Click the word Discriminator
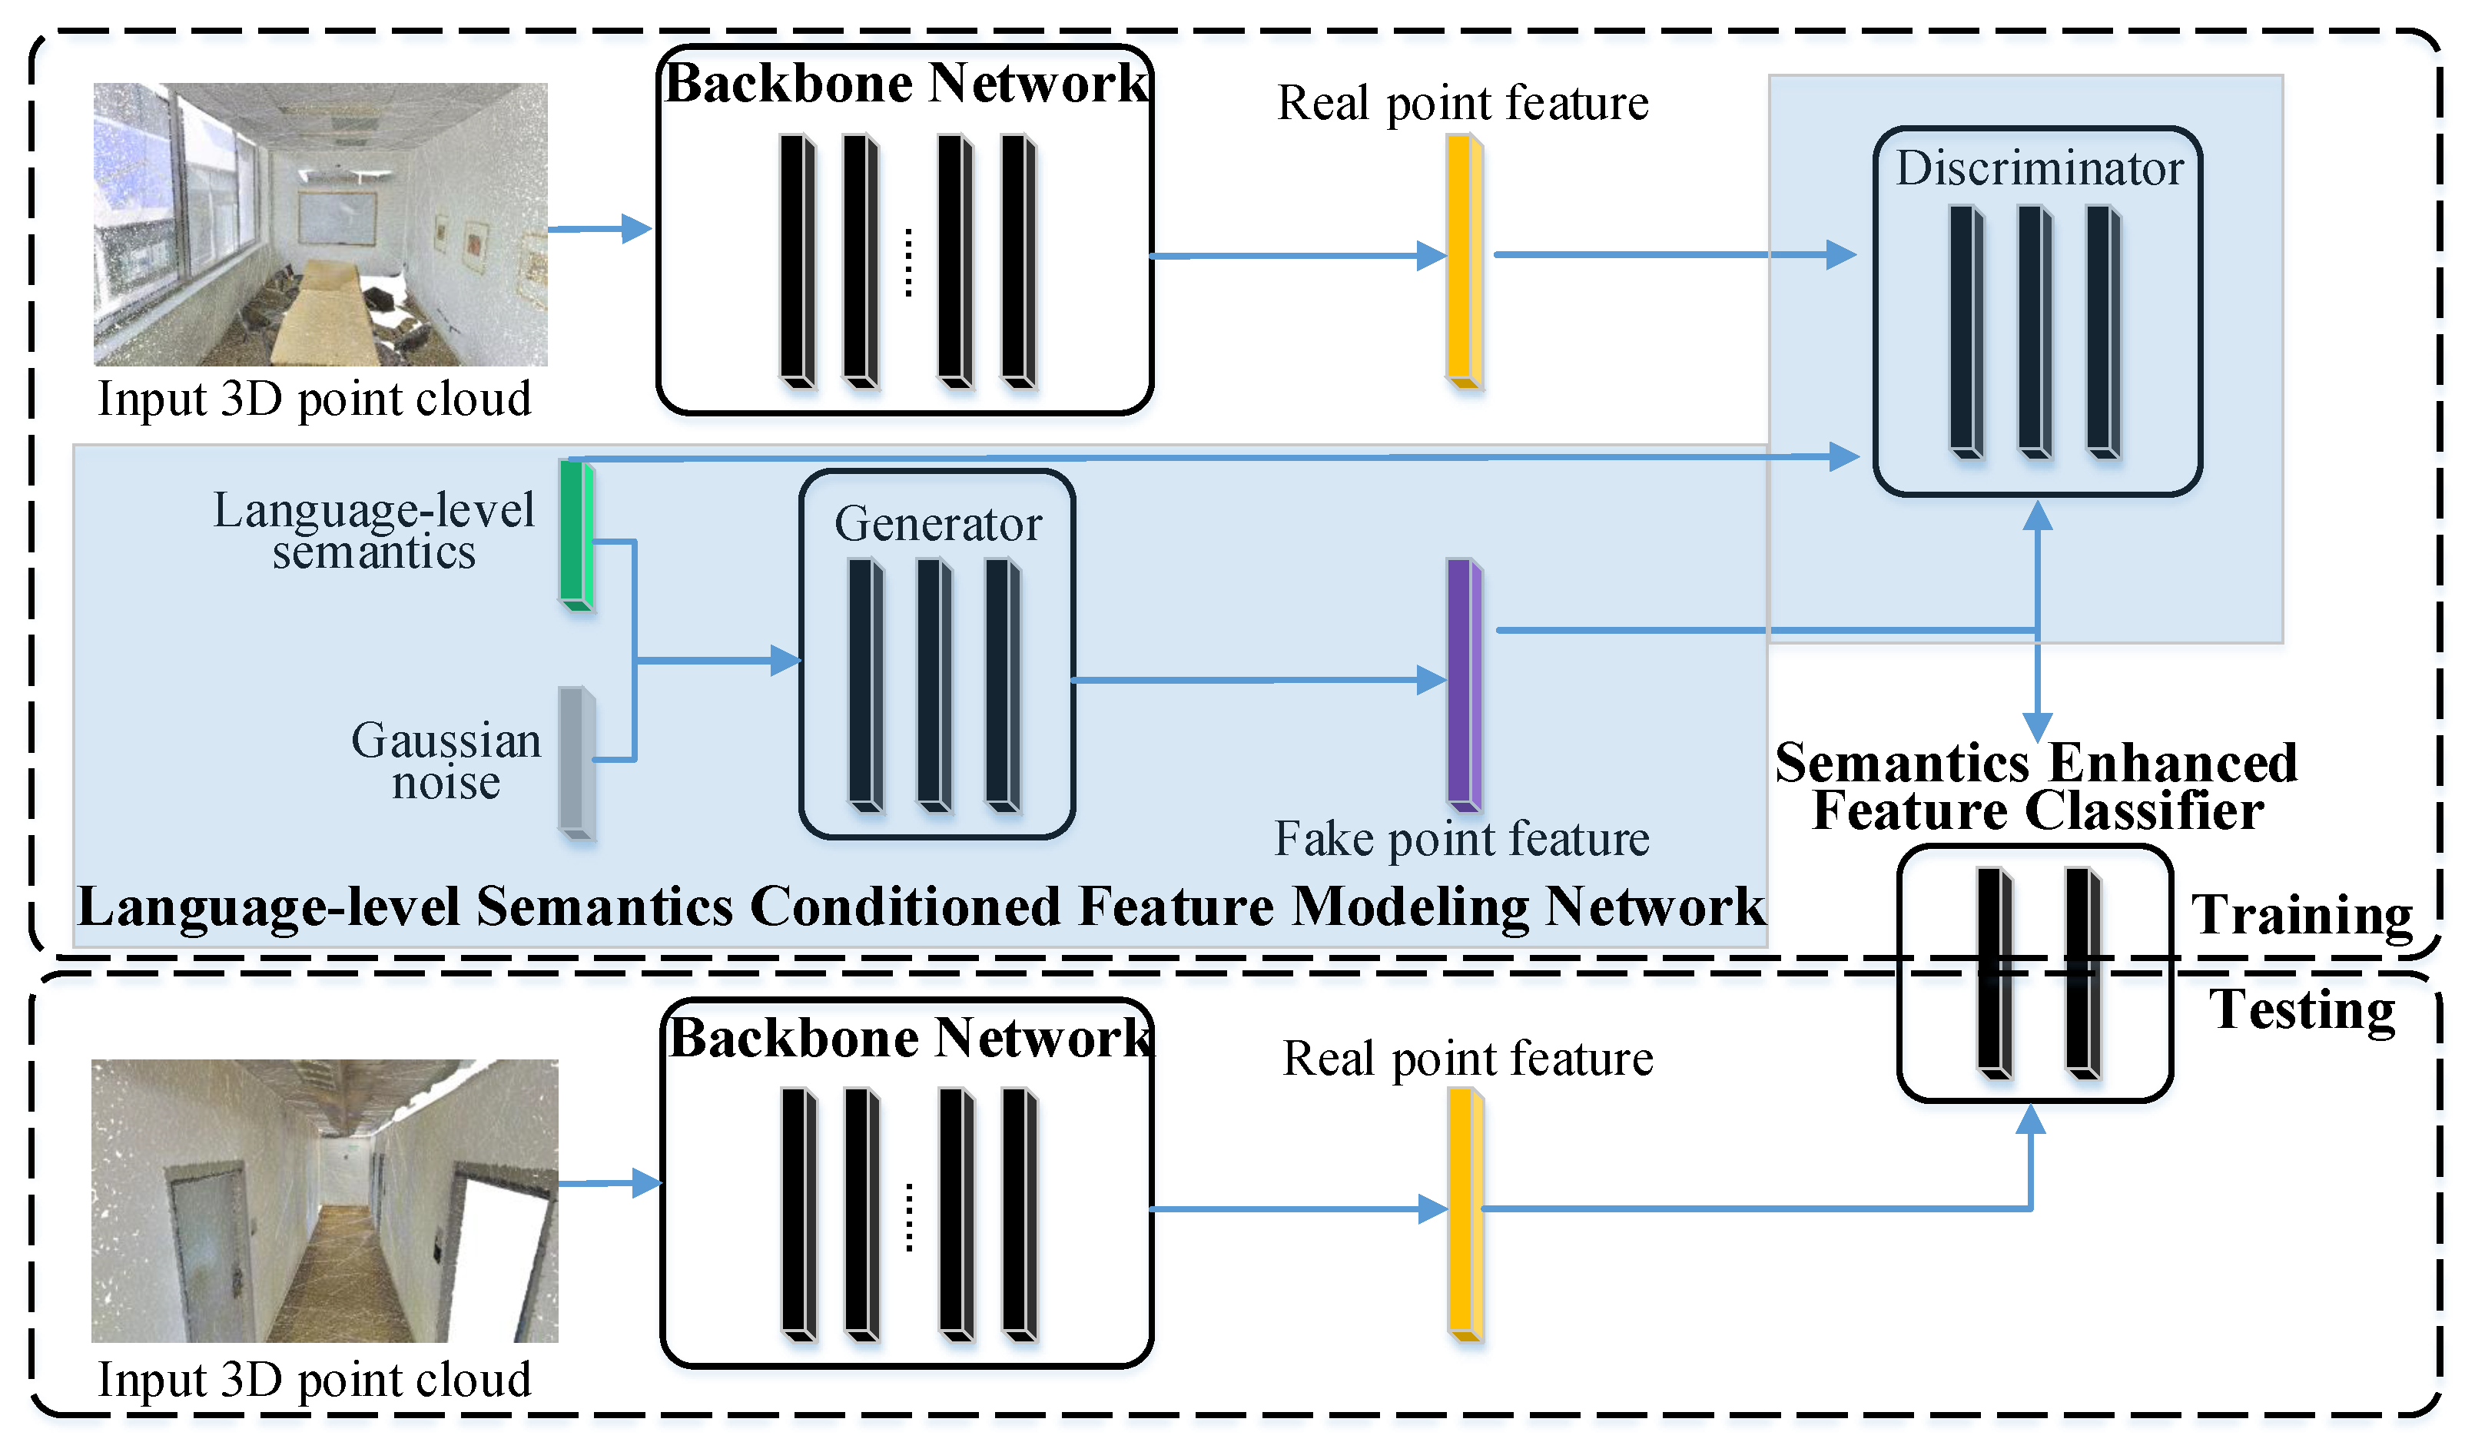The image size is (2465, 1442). click(x=2039, y=168)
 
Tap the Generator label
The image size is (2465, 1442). click(x=937, y=525)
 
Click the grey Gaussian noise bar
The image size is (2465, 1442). click(x=576, y=762)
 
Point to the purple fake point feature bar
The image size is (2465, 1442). click(x=1463, y=684)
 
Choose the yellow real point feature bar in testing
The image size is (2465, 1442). click(x=1463, y=1214)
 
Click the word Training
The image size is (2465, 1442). click(x=2301, y=916)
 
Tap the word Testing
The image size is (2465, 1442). click(x=2301, y=1010)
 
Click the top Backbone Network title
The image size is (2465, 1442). click(x=906, y=83)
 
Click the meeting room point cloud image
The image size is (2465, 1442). click(x=320, y=224)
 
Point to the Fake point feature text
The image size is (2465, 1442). click(x=1461, y=840)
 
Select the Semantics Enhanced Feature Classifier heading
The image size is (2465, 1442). click(x=2035, y=787)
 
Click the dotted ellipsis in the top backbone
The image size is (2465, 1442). click(x=909, y=262)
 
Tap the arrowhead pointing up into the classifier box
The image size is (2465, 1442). click(x=2031, y=1120)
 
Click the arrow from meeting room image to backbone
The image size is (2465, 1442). click(x=599, y=229)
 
